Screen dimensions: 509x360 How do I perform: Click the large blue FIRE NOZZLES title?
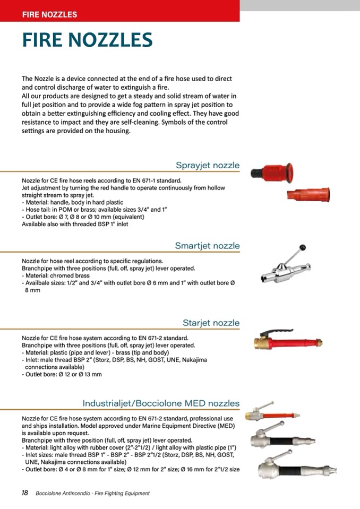pyautogui.click(x=87, y=40)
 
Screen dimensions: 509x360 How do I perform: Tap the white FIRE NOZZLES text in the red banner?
pyautogui.click(x=49, y=15)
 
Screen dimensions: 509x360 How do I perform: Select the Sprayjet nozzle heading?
pyautogui.click(x=208, y=165)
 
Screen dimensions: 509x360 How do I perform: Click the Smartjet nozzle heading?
pyautogui.click(x=207, y=246)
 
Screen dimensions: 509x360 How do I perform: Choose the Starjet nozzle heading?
pyautogui.click(x=211, y=323)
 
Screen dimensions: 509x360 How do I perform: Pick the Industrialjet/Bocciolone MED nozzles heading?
pyautogui.click(x=161, y=403)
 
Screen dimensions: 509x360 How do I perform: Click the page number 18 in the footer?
pyautogui.click(x=24, y=493)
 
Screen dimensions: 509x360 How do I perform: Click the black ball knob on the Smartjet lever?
pyautogui.click(x=303, y=247)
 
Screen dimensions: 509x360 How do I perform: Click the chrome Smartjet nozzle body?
pyautogui.click(x=281, y=273)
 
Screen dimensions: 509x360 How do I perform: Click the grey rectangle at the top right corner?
pyautogui.click(x=300, y=5)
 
